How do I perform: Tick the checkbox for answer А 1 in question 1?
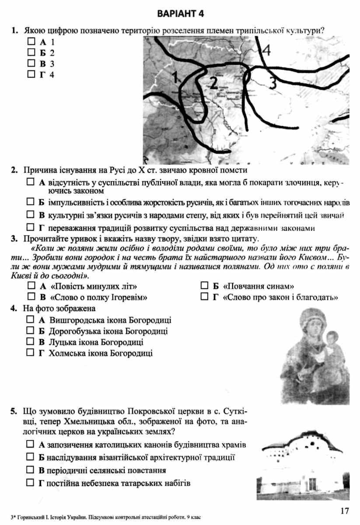(31, 42)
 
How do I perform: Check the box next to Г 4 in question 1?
(31, 74)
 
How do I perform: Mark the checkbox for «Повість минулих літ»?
(31, 286)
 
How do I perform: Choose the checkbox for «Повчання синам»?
(204, 286)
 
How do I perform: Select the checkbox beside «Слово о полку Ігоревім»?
(31, 297)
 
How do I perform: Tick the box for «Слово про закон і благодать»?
(204, 297)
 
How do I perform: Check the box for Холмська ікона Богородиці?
(30, 352)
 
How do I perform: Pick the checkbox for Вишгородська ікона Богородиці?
(30, 320)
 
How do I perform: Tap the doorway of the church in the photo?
(312, 483)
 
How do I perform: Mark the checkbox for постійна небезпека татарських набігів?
(30, 483)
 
